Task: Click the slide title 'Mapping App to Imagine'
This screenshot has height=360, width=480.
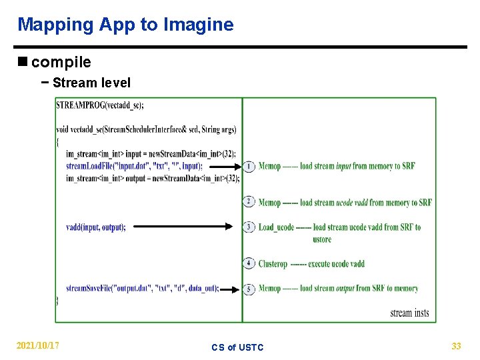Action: click(x=125, y=25)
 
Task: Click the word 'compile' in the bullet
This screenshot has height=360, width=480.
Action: click(x=61, y=63)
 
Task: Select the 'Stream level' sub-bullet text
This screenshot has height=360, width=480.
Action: click(x=91, y=83)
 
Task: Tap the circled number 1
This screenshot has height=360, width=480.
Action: click(x=249, y=166)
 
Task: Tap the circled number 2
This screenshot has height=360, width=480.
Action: click(x=249, y=202)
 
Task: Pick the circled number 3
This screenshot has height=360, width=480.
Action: click(x=249, y=227)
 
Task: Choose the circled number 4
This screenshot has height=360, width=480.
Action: click(x=249, y=263)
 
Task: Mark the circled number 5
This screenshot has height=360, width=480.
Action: click(x=249, y=289)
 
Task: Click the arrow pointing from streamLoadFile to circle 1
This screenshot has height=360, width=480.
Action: click(x=222, y=166)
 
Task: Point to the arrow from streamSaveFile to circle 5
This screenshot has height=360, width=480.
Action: click(x=229, y=289)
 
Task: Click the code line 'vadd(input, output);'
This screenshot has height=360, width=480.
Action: click(x=96, y=227)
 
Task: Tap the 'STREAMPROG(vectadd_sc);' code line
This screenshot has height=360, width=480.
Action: click(x=100, y=105)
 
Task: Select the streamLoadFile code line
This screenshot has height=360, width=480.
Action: click(x=134, y=166)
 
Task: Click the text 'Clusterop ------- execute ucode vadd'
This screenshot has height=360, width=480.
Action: click(x=311, y=264)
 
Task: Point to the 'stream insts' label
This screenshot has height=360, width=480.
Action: click(x=409, y=313)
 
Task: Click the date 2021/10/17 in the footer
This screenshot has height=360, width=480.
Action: click(x=38, y=345)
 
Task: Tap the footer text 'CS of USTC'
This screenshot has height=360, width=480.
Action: click(x=237, y=347)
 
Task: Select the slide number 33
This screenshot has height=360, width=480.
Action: click(x=456, y=345)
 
